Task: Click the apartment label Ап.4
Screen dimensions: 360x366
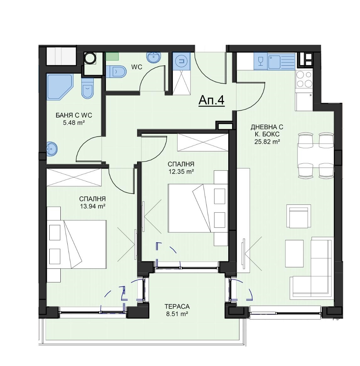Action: coord(211,101)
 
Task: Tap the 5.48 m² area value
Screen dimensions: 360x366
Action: coord(74,123)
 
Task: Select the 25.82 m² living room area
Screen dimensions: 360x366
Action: coord(267,141)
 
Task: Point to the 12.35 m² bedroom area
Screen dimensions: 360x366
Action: coord(181,172)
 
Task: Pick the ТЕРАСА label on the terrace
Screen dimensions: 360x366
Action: coord(177,306)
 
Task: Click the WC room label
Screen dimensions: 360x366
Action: coord(137,67)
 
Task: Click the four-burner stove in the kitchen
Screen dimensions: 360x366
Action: coord(304,80)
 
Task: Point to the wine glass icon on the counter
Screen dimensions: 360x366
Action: coord(260,61)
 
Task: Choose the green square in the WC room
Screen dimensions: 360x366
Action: coord(112,56)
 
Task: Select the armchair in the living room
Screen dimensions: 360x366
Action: coord(299,216)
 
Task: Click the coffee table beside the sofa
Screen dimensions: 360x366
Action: coord(295,253)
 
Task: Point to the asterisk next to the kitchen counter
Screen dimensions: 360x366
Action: coord(311,95)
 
